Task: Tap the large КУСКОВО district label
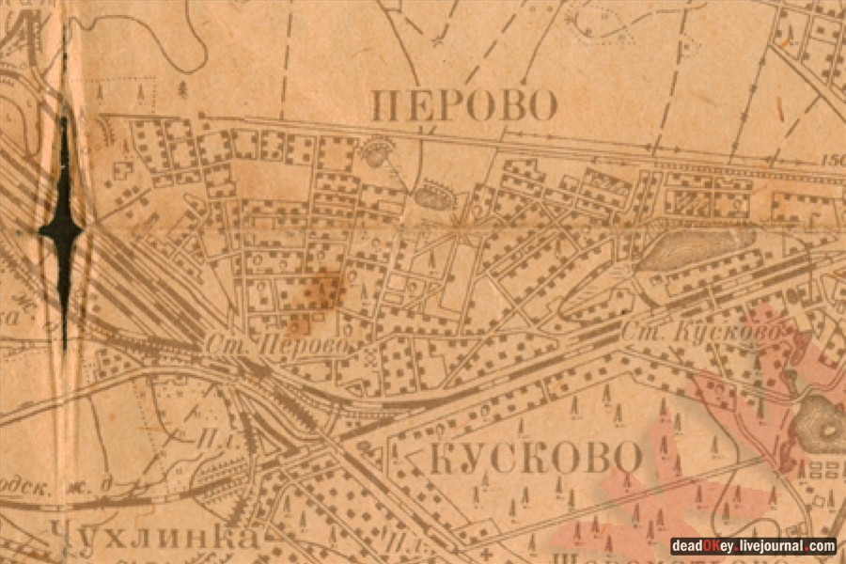[538, 459]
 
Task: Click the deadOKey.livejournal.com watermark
[753, 545]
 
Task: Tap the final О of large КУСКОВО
[629, 459]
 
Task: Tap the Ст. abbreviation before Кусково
[638, 333]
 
